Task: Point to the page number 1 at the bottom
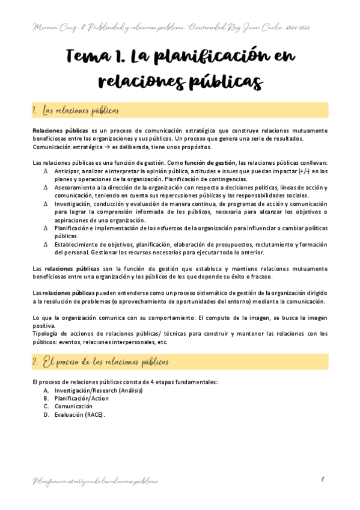point(323,479)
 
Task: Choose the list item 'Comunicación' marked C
point(73,407)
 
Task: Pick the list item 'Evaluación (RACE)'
point(79,415)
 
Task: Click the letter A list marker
point(46,390)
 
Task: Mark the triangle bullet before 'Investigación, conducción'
point(46,204)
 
